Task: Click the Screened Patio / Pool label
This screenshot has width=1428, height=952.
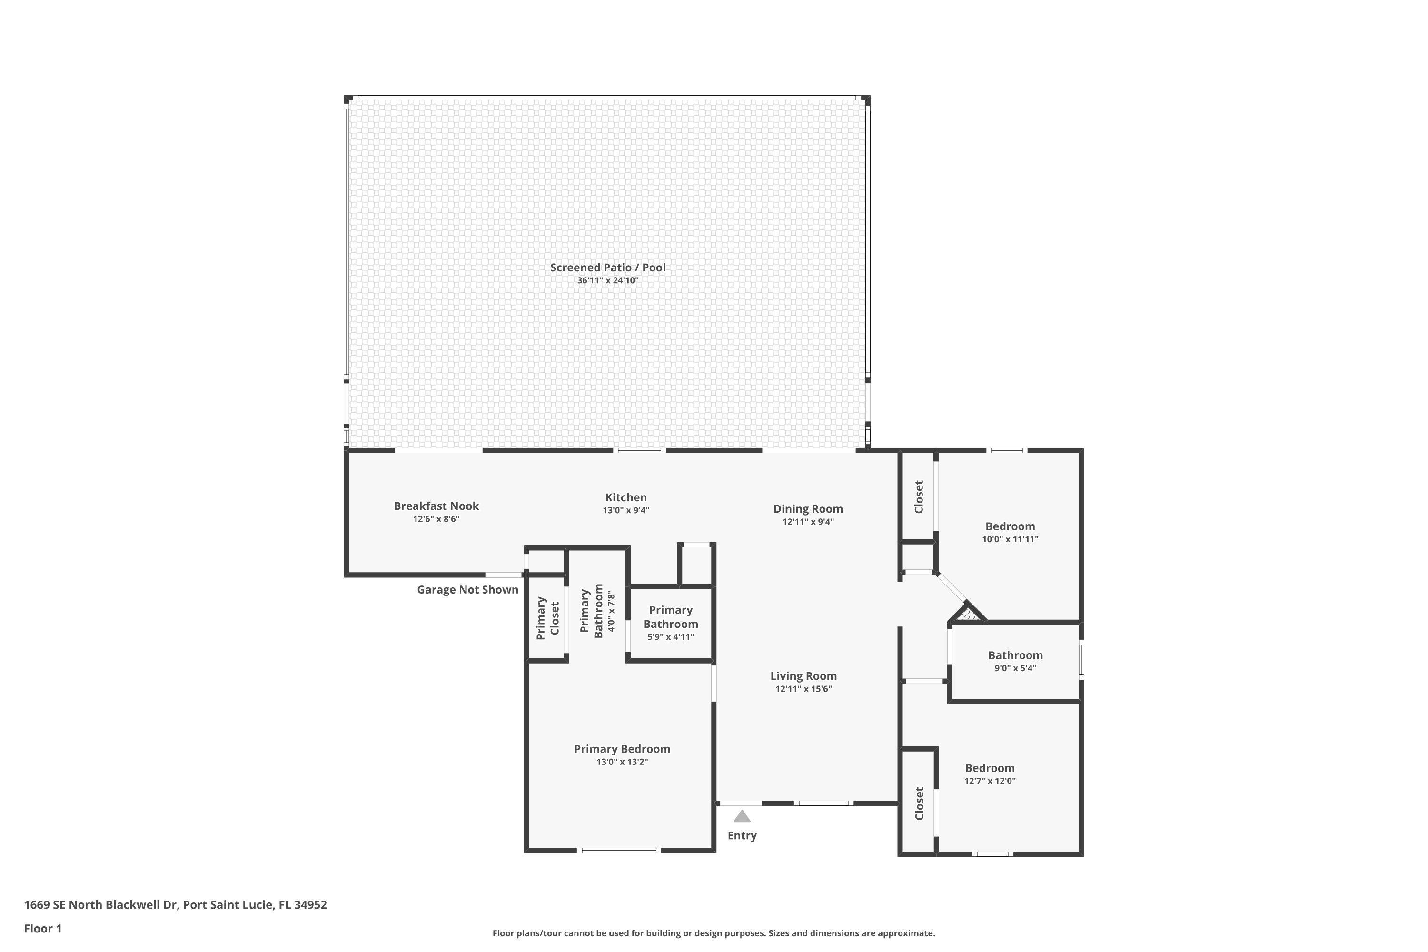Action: click(607, 267)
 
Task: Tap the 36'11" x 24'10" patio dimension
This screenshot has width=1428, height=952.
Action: click(607, 280)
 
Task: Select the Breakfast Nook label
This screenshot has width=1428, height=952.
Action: click(436, 506)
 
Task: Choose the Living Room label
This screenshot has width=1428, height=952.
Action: click(803, 676)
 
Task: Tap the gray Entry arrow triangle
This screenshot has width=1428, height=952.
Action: click(742, 817)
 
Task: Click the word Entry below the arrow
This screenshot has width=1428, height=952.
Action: click(742, 835)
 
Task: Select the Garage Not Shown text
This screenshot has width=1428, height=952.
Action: click(467, 590)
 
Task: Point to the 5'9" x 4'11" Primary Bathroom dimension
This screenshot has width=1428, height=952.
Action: click(670, 637)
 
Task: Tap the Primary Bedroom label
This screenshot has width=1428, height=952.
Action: click(622, 749)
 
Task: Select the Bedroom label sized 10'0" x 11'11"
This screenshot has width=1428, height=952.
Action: click(1010, 526)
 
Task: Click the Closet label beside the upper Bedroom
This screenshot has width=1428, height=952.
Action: click(919, 496)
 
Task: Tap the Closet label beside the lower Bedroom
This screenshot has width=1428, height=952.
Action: click(919, 803)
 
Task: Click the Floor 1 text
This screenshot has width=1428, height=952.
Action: click(42, 928)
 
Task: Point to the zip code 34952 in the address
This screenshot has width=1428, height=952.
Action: click(310, 905)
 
